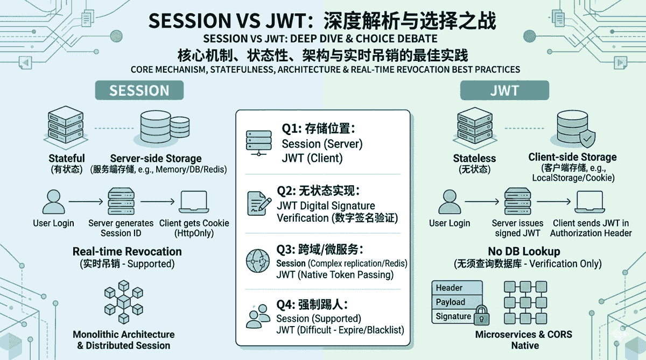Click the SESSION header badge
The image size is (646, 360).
[139, 90]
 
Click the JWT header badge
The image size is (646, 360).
[504, 90]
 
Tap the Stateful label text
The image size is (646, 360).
[67, 158]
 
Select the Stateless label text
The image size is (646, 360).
[474, 158]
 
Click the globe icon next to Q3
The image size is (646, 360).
[257, 260]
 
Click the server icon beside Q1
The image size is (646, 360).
[257, 142]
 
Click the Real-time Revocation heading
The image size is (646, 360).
[127, 251]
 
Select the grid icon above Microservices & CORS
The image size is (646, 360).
[521, 302]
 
